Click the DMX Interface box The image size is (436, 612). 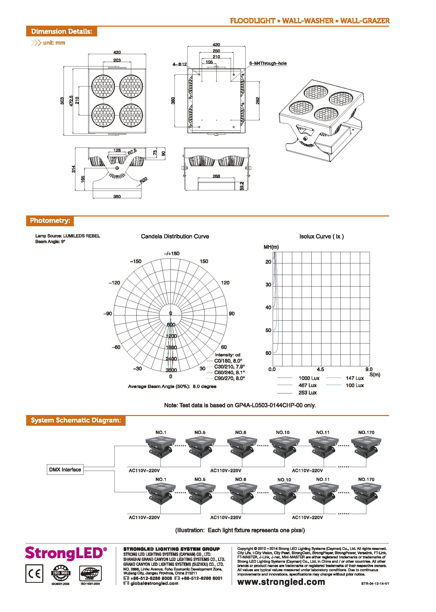click(x=65, y=469)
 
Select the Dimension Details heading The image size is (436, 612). click(x=62, y=32)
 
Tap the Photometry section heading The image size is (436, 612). click(x=50, y=221)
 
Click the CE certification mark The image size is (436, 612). click(x=34, y=574)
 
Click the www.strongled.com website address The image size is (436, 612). click(x=281, y=582)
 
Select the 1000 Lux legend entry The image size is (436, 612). click(x=309, y=378)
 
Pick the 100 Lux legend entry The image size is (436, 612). click(x=354, y=385)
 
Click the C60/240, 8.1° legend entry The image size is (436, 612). click(x=229, y=372)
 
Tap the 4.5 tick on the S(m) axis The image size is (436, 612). click(x=320, y=369)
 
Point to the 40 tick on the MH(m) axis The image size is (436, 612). click(x=268, y=307)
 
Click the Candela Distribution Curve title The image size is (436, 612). click(x=175, y=236)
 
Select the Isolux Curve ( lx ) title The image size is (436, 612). click(x=321, y=236)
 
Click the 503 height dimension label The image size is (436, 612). click(x=62, y=101)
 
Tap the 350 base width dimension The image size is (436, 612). click(x=117, y=196)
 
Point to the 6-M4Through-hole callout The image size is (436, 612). click(x=268, y=63)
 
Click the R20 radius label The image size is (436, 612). click(x=144, y=180)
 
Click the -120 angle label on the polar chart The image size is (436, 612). click(x=114, y=283)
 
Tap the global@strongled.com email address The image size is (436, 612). click(x=154, y=583)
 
